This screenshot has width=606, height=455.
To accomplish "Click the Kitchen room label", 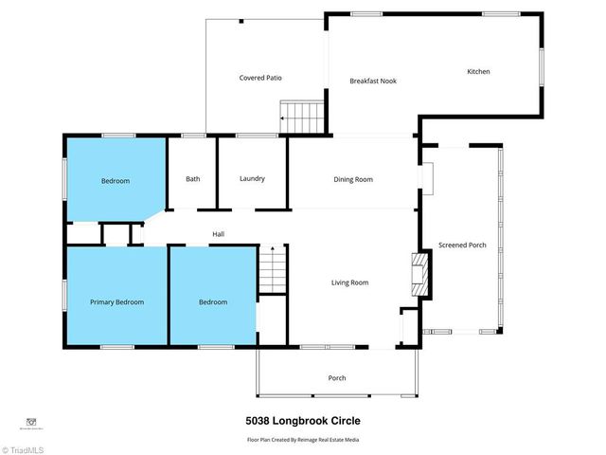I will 478,72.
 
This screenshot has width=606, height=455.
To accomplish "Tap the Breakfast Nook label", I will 372,81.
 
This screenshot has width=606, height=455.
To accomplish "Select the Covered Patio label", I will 259,78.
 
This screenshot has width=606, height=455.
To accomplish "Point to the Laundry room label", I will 252,178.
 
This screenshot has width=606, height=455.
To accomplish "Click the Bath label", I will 192,178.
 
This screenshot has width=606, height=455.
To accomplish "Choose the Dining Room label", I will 352,179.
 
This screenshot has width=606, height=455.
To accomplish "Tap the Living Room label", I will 349,282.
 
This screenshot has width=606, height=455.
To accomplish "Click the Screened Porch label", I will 462,246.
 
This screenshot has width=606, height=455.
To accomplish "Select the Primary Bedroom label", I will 116,302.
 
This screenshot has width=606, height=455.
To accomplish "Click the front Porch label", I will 336,378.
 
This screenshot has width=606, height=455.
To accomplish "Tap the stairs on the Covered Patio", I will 306,118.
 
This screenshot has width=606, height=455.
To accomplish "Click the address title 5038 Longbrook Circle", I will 303,421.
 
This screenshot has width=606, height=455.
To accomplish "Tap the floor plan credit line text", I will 303,440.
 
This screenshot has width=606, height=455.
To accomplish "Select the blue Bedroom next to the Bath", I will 115,181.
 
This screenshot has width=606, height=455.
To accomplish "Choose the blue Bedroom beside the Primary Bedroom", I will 212,302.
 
